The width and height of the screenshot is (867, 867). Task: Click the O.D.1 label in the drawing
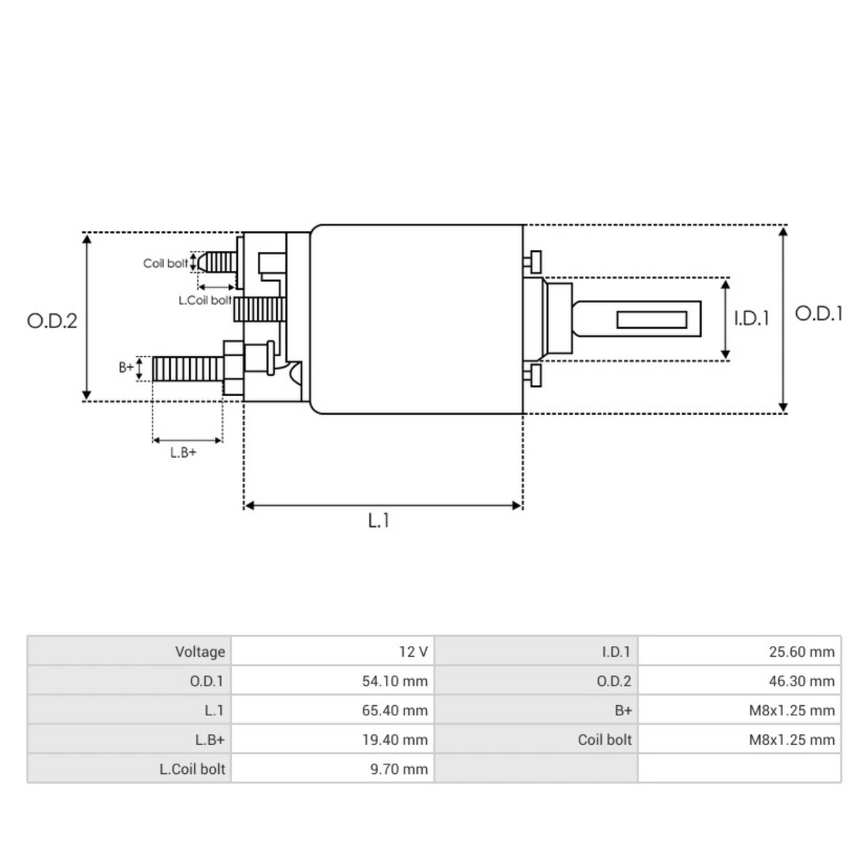819,314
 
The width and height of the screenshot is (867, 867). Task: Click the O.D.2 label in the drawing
52,321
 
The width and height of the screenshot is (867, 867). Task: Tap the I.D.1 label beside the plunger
751,318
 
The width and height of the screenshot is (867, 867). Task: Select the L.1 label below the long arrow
379,520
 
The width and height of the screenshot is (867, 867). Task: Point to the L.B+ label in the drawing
183,453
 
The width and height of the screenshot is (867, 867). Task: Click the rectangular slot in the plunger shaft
652,319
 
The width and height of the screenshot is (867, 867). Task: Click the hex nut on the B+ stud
233,368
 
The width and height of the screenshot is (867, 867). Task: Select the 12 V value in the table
413,652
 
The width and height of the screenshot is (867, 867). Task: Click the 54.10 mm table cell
394,681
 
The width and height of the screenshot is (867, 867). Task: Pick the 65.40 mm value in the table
394,710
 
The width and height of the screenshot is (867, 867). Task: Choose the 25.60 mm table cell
801,652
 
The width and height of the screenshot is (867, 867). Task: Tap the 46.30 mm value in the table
801,681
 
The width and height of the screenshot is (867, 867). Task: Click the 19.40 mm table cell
394,740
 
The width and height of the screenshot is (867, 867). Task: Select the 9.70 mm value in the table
399,769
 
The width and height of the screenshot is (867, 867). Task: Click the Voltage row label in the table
200,652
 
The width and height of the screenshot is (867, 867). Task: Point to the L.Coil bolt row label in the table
192,769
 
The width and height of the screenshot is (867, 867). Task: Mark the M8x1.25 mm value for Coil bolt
791,740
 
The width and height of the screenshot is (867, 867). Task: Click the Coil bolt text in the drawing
165,264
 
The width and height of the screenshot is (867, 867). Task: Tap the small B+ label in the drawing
126,367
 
